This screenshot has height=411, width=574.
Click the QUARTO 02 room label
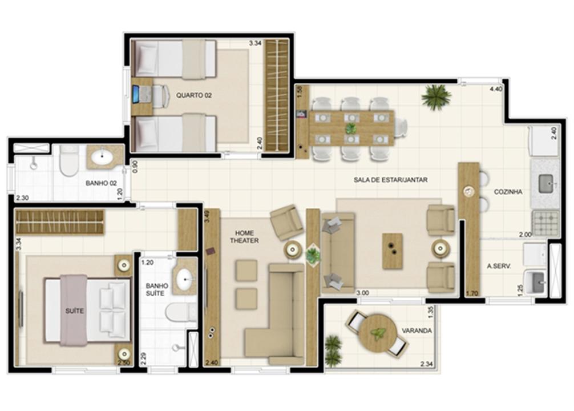193,95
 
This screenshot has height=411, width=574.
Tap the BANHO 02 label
101,183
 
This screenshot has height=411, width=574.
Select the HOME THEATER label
244,237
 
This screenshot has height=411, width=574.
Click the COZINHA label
508,192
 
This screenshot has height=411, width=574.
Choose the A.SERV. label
499,267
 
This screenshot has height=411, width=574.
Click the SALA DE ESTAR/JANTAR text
391,180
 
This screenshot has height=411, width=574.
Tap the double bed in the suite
87,311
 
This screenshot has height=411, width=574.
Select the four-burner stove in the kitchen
545,223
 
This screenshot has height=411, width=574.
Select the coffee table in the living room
393,251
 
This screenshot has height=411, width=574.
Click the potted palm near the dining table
435,96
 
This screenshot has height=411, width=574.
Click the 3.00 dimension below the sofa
362,293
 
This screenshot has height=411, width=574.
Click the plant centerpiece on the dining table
351,128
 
